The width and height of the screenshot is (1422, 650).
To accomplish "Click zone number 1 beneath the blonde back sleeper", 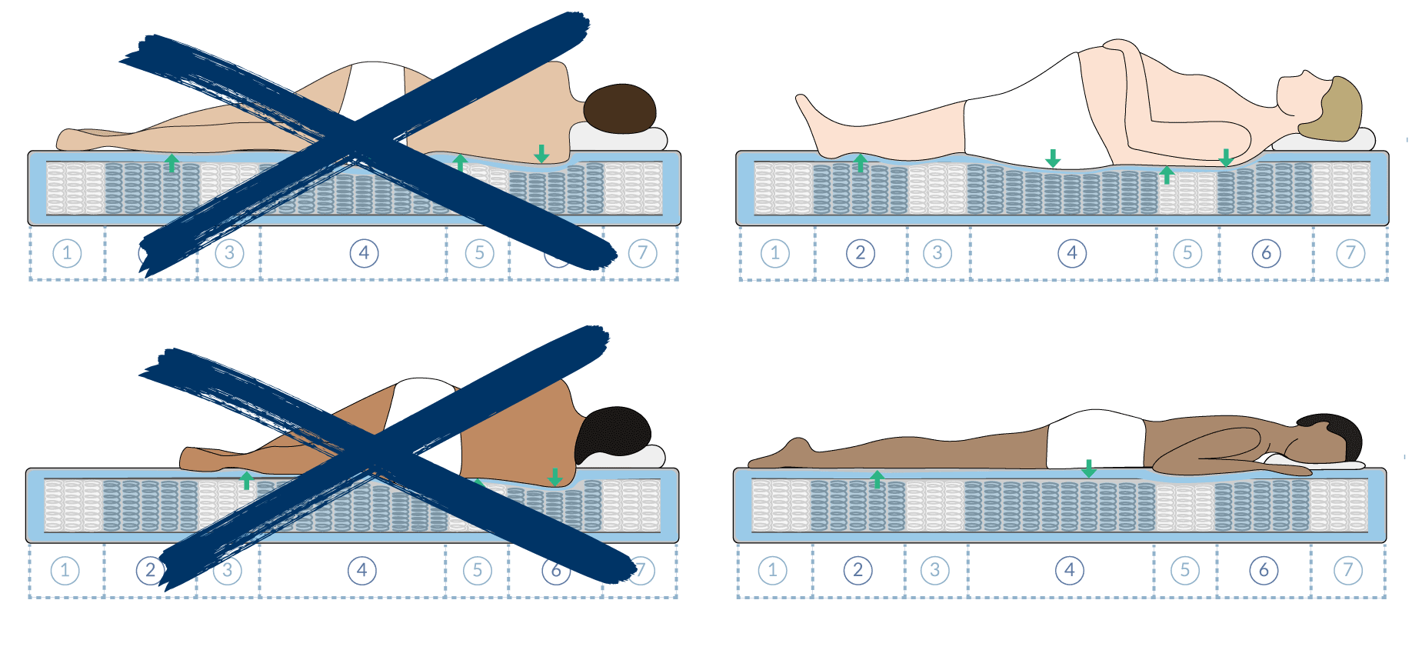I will click(x=774, y=253).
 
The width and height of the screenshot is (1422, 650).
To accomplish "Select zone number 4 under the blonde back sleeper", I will click(x=1071, y=253).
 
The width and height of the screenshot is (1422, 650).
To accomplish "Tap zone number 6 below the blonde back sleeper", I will click(x=1266, y=253).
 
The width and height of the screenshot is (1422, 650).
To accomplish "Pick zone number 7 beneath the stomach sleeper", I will click(x=1347, y=571).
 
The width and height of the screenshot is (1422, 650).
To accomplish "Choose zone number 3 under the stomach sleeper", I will click(x=934, y=571).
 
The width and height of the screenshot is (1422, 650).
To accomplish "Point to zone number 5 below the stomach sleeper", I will click(x=1184, y=571).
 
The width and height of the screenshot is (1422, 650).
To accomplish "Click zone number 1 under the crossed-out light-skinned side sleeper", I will click(x=67, y=253).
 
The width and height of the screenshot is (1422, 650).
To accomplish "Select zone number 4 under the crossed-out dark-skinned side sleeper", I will click(x=361, y=571).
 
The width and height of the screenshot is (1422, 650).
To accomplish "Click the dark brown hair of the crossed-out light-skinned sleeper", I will click(x=619, y=108).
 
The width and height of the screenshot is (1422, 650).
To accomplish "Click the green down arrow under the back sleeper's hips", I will click(x=1053, y=158).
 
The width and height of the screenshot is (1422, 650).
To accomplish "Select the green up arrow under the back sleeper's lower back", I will click(x=1167, y=175).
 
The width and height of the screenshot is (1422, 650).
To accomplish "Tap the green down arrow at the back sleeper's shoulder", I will click(x=1226, y=158).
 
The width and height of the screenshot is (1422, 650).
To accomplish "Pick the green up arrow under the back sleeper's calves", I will click(x=861, y=162).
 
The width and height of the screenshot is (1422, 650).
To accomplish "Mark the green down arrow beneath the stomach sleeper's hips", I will click(x=1088, y=468).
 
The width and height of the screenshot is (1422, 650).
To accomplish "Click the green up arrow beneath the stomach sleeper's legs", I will click(x=877, y=479).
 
